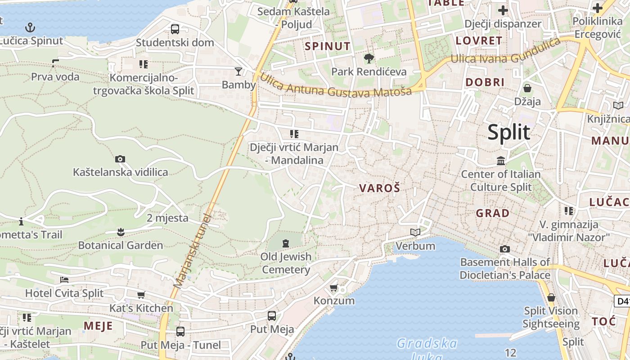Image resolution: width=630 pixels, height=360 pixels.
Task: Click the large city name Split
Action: coord(509,132)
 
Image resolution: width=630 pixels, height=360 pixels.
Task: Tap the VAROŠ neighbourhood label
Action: coord(379,188)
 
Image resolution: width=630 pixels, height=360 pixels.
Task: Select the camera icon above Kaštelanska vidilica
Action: coord(120,159)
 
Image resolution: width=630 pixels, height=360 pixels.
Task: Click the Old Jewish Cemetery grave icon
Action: coord(286,243)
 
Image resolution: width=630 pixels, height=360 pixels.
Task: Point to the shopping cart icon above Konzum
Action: coord(333,288)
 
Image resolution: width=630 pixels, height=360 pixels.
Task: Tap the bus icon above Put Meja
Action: coord(272,315)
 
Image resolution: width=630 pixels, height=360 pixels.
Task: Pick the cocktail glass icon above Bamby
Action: coord(238,71)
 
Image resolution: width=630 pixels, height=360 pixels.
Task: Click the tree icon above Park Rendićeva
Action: coord(369,58)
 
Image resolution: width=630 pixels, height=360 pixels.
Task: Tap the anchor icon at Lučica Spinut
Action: coord(30,27)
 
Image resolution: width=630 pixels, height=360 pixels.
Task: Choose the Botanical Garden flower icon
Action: coord(120,232)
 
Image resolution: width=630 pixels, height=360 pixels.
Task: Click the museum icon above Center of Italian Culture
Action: coord(501,161)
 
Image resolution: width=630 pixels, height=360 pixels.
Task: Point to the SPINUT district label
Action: coord(327,46)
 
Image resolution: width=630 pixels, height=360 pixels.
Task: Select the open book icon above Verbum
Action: coord(415,233)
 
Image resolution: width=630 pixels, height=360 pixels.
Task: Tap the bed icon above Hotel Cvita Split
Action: coord(64,280)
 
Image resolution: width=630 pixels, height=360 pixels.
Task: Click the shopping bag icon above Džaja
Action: coord(527,88)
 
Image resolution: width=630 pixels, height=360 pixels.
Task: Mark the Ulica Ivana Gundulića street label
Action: coord(505,53)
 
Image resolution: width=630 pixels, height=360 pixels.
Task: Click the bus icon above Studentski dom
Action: coord(175,29)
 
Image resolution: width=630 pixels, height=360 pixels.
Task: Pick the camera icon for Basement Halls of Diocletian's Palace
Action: coord(505,249)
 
